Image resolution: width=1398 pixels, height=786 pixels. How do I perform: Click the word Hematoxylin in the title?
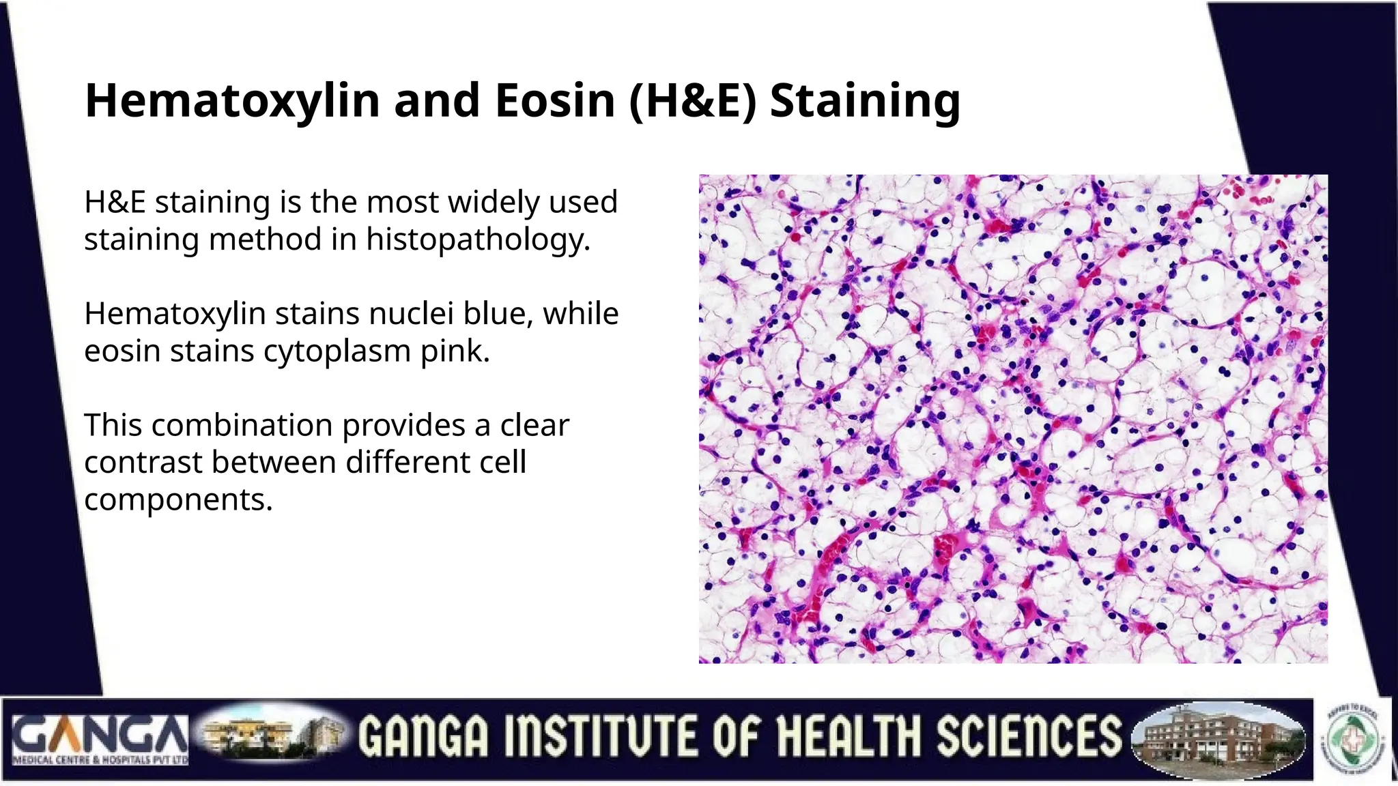(x=232, y=101)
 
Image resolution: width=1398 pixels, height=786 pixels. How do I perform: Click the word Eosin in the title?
(x=554, y=101)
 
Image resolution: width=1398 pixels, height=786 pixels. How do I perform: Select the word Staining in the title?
(x=865, y=101)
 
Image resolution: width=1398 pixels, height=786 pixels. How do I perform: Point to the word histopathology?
(x=477, y=240)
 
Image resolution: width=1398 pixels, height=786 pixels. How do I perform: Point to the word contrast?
(x=143, y=463)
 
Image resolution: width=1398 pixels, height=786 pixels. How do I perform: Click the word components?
(x=177, y=500)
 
